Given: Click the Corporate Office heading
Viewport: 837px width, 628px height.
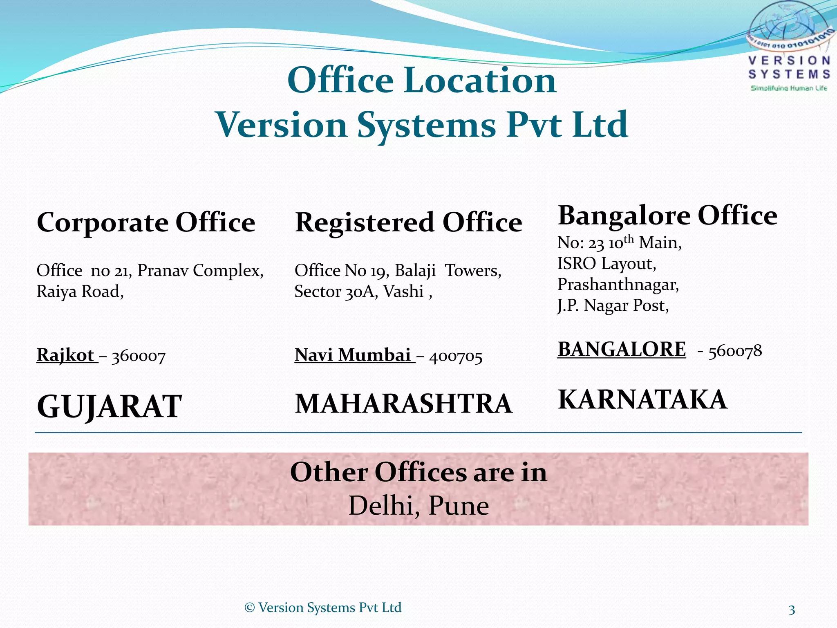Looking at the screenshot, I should pos(146,223).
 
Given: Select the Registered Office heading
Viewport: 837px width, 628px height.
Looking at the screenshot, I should pos(408,223).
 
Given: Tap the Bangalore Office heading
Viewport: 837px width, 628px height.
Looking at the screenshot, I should pos(667,215).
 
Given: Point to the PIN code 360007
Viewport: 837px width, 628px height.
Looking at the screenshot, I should pos(138,357).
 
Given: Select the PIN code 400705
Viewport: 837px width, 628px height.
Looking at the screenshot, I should pos(455,357).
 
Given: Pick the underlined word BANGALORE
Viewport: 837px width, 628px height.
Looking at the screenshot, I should pos(622,350).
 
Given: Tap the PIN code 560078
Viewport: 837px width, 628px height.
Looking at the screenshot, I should pos(735,351).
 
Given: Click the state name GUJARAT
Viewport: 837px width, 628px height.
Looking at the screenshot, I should pos(109,406).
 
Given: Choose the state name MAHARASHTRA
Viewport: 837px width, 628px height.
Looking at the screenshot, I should pos(403,404).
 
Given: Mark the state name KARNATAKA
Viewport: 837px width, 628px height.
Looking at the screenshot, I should pos(642,399).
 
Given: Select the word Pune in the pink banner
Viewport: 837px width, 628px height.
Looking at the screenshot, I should pos(459,506).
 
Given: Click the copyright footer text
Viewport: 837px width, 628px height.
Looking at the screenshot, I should pos(323,608).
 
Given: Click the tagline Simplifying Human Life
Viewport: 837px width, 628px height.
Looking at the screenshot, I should pos(789,88).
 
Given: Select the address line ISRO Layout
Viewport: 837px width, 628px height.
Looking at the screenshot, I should pos(606,264).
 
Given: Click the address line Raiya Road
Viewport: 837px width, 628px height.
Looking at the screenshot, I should pos(80,292).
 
